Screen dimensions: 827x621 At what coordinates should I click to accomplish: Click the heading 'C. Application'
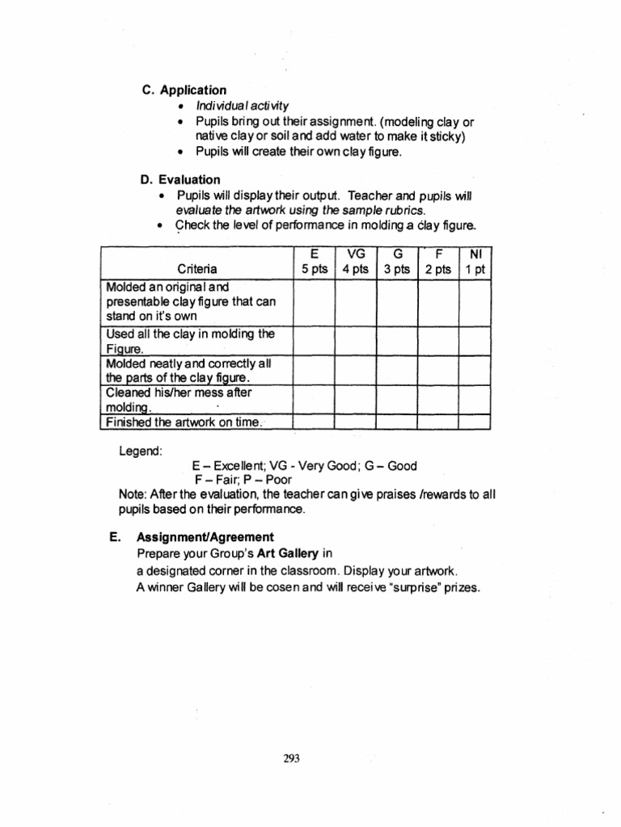point(184,90)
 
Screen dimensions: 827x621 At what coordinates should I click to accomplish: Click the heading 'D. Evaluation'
point(180,179)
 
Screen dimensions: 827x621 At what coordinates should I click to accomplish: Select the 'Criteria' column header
point(196,269)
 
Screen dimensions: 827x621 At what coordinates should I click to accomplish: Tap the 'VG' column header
point(355,254)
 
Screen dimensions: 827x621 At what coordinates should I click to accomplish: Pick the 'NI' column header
point(475,254)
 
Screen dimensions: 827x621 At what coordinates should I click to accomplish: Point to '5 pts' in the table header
point(314,269)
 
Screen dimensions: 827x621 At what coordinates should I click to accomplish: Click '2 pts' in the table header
point(437,269)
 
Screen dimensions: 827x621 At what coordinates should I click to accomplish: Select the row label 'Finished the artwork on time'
point(188,422)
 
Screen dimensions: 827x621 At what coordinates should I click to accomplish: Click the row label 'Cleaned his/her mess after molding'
point(179,399)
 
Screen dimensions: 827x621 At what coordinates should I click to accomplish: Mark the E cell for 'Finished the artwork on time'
point(314,422)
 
